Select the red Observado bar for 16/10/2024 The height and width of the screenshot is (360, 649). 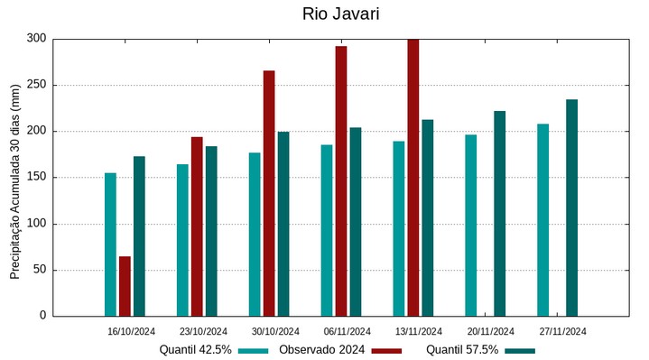coord(125,286)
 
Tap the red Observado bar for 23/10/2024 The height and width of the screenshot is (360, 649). coord(197,226)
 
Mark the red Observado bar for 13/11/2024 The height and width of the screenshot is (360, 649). coord(413,177)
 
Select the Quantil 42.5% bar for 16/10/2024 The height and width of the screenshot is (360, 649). coord(110,245)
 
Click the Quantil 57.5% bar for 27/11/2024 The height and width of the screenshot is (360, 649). coord(571,208)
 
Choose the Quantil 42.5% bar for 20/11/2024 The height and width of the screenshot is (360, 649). coord(470,226)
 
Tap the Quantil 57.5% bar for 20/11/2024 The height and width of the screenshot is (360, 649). coord(499,213)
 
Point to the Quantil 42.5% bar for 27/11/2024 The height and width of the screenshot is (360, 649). coord(542,220)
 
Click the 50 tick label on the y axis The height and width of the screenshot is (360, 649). coord(40,270)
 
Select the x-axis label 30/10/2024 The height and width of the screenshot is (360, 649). coord(275,331)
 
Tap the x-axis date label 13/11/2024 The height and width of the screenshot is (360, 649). coord(419,331)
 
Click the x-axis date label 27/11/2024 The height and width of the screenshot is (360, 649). coord(562,331)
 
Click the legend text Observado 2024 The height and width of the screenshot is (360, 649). coord(321,350)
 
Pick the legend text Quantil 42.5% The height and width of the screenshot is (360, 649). coord(196,350)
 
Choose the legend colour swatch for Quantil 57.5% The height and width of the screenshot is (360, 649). coord(520,350)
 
